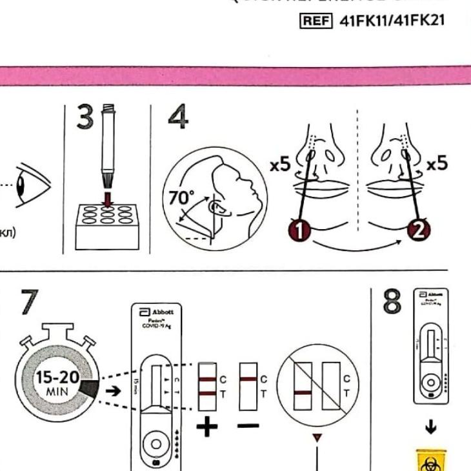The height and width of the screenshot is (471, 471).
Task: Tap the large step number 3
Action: (x=85, y=118)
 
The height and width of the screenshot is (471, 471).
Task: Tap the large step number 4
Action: (x=178, y=118)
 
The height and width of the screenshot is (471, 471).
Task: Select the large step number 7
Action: (x=30, y=303)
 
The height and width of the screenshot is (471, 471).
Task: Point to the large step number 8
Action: (x=392, y=303)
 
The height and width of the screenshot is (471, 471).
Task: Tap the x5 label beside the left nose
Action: (x=281, y=165)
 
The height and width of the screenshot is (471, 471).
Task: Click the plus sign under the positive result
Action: (x=206, y=426)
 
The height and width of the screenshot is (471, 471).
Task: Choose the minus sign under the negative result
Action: (x=248, y=426)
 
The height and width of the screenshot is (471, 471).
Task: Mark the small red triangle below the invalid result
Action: (x=317, y=439)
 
